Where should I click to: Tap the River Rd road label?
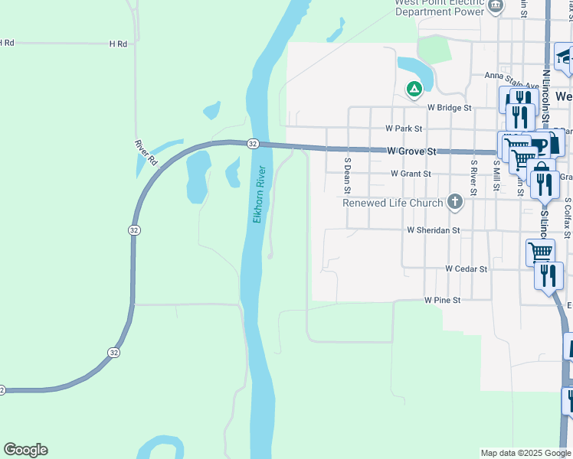pos(145,153)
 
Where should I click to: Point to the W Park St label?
pos(404,129)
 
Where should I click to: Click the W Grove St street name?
pos(411,151)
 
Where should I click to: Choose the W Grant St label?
pos(411,174)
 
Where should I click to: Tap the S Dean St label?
pos(347,175)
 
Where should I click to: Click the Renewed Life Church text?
pos(393,203)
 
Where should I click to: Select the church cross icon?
pos(455,202)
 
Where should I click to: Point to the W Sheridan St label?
pos(434,229)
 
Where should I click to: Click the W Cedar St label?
pos(466,269)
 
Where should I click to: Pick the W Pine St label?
pos(443,301)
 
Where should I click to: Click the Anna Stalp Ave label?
pos(512,76)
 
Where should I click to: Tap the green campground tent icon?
pos(414,90)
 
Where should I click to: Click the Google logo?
pos(25,450)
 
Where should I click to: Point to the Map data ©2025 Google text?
pos(525,453)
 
